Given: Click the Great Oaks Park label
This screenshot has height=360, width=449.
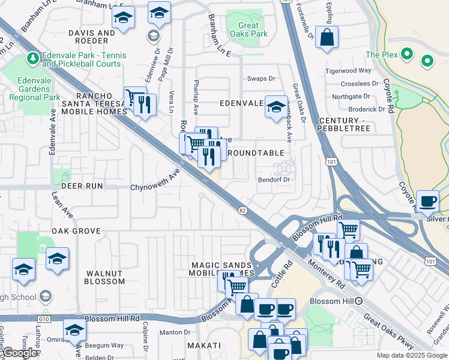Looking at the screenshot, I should [249, 29].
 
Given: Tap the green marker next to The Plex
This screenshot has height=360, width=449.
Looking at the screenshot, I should [408, 55].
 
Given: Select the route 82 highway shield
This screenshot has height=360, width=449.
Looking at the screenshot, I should [242, 210].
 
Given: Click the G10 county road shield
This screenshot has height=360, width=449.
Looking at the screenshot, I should [43, 319].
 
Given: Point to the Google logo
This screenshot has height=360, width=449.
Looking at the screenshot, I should [20, 353].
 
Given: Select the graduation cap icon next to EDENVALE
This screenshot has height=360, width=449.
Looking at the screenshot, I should [276, 107].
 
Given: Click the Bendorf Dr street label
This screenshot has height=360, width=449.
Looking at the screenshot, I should [274, 179].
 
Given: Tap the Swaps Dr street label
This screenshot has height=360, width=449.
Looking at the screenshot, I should [261, 79].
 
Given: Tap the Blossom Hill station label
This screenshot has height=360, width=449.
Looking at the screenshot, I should [331, 301].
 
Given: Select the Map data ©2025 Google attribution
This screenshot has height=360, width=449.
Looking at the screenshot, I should [412, 355].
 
